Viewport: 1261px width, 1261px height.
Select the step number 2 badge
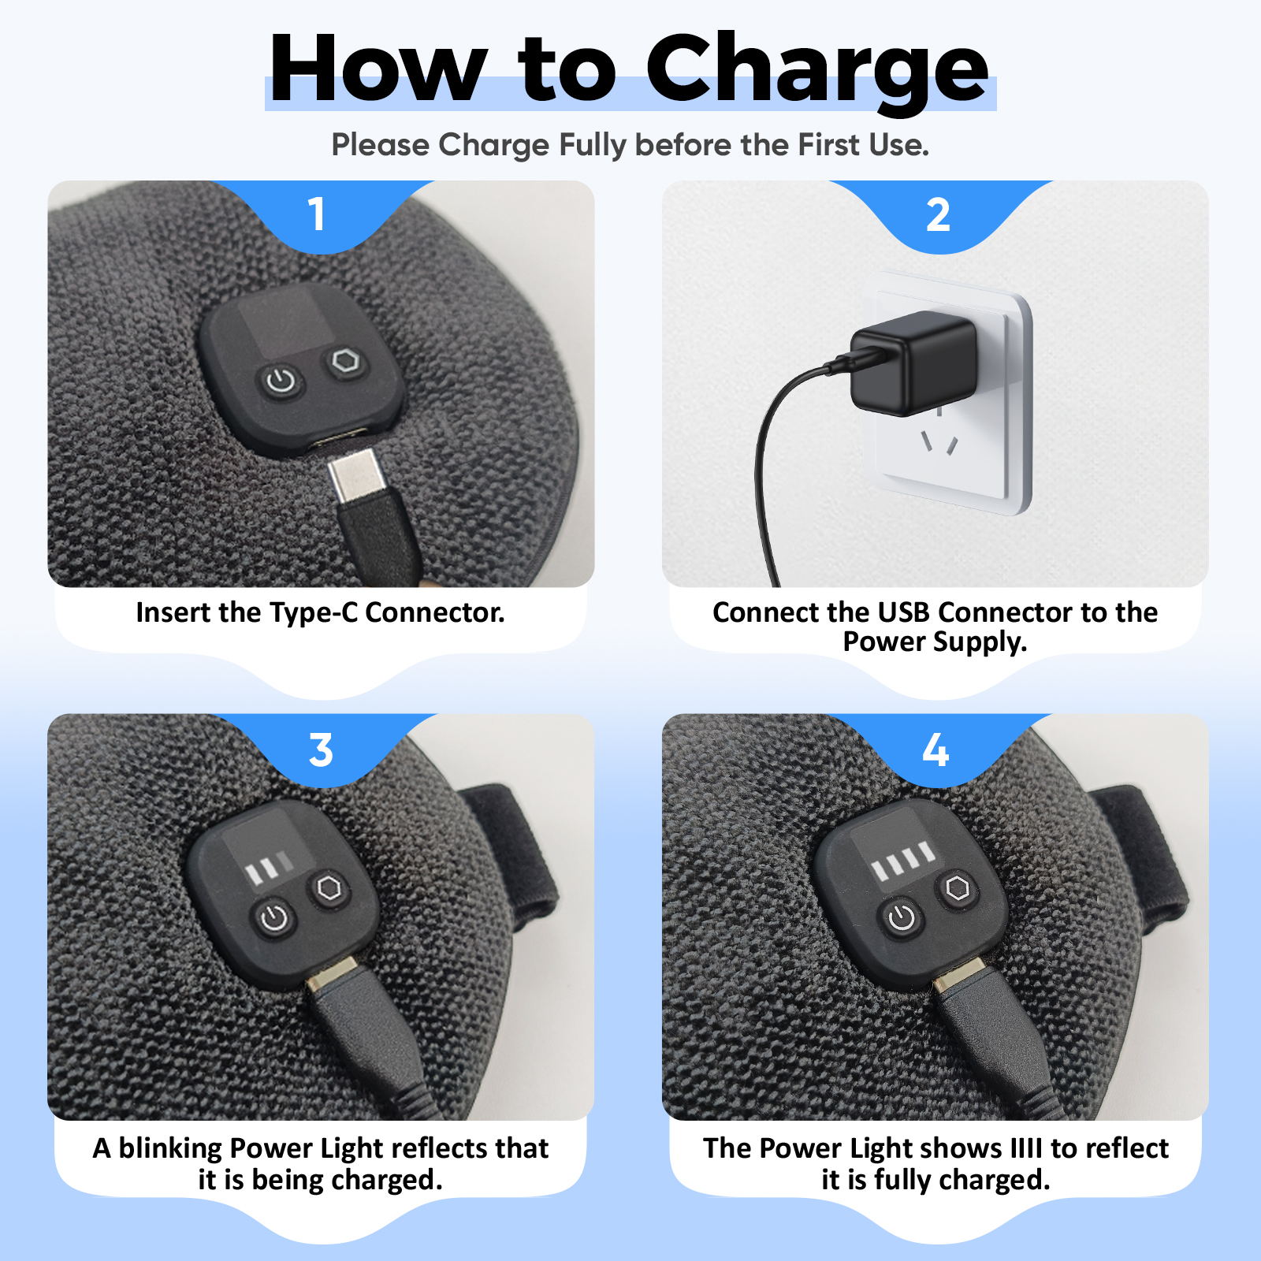(x=938, y=214)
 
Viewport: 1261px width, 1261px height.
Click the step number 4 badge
(x=936, y=750)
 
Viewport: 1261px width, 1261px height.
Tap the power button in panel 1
(x=281, y=382)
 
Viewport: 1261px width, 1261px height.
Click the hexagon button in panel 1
(x=345, y=363)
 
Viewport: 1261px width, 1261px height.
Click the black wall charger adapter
(x=912, y=362)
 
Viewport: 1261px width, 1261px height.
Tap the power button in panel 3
(x=273, y=918)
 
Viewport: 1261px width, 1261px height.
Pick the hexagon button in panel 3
(x=329, y=888)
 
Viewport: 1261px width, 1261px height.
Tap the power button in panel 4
(x=902, y=917)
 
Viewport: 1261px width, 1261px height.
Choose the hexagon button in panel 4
(x=958, y=888)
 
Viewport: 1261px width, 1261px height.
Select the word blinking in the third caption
(x=170, y=1148)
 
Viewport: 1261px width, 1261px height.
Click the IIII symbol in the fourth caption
(x=1026, y=1148)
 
